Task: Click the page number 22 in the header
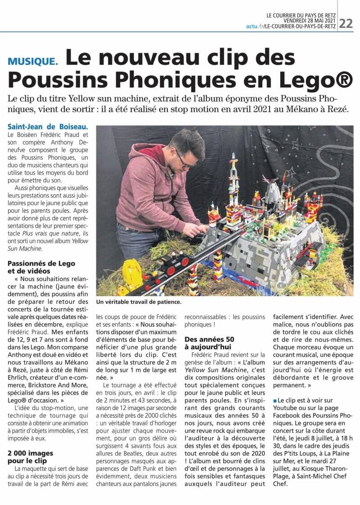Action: coord(346,23)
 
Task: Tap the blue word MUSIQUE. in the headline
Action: coord(33,60)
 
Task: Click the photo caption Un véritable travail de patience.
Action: coord(139,302)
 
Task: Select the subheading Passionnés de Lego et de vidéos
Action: coord(41,267)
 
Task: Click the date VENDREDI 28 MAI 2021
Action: coord(310,20)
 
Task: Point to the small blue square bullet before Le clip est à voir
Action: coord(275,400)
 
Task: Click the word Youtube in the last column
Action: coord(285,408)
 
